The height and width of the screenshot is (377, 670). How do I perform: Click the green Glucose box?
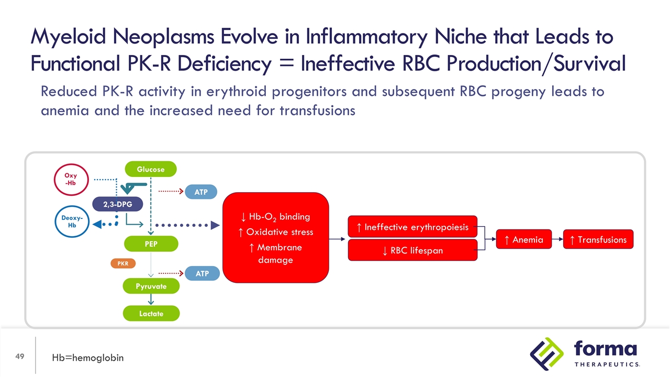click(151, 169)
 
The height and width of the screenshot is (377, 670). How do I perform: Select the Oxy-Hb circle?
click(71, 179)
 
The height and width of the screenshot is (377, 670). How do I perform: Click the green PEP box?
click(151, 243)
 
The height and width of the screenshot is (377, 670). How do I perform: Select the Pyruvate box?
click(151, 286)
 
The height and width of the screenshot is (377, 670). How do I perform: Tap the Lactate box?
click(151, 313)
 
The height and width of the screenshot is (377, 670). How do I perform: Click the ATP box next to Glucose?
click(201, 192)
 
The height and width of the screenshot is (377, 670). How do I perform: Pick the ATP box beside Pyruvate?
click(201, 273)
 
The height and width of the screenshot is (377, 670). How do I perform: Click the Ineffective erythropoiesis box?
click(412, 227)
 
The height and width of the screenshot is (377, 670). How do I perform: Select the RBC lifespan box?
click(412, 250)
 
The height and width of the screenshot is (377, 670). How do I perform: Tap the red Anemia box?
click(523, 240)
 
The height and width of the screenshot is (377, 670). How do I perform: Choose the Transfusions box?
click(598, 240)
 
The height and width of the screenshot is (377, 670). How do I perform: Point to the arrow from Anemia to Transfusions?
click(557, 240)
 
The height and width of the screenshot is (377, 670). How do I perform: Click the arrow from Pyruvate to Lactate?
click(151, 300)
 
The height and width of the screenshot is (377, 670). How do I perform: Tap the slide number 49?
click(20, 357)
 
